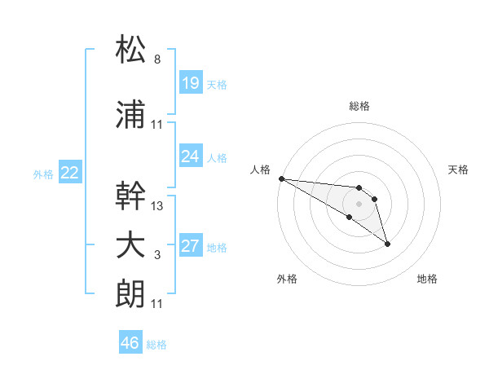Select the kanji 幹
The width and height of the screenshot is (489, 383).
pyautogui.click(x=131, y=196)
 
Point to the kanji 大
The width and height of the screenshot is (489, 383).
pyautogui.click(x=131, y=246)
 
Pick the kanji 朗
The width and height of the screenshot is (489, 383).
pyautogui.click(x=131, y=295)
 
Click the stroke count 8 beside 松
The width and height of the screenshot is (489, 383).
pyautogui.click(x=156, y=59)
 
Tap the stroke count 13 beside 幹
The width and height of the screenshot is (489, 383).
pyautogui.click(x=157, y=206)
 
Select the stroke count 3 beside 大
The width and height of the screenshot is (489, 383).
pyautogui.click(x=156, y=256)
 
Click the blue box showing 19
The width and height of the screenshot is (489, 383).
pyautogui.click(x=190, y=82)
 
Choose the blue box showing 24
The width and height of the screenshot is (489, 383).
pyautogui.click(x=190, y=156)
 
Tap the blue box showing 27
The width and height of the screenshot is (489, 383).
pyautogui.click(x=190, y=246)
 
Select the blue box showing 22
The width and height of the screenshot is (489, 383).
pyautogui.click(x=69, y=172)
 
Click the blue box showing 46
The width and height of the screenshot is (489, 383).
pyautogui.click(x=130, y=343)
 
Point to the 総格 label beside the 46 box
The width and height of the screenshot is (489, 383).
pyautogui.click(x=156, y=345)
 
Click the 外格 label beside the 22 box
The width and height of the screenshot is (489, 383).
pyautogui.click(x=43, y=174)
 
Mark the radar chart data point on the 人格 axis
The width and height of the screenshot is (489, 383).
pyautogui.click(x=280, y=178)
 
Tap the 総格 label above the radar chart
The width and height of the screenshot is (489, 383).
pyautogui.click(x=359, y=106)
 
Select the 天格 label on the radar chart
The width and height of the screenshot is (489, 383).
pyautogui.click(x=459, y=169)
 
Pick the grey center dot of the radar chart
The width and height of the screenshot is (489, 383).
pyautogui.click(x=359, y=203)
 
